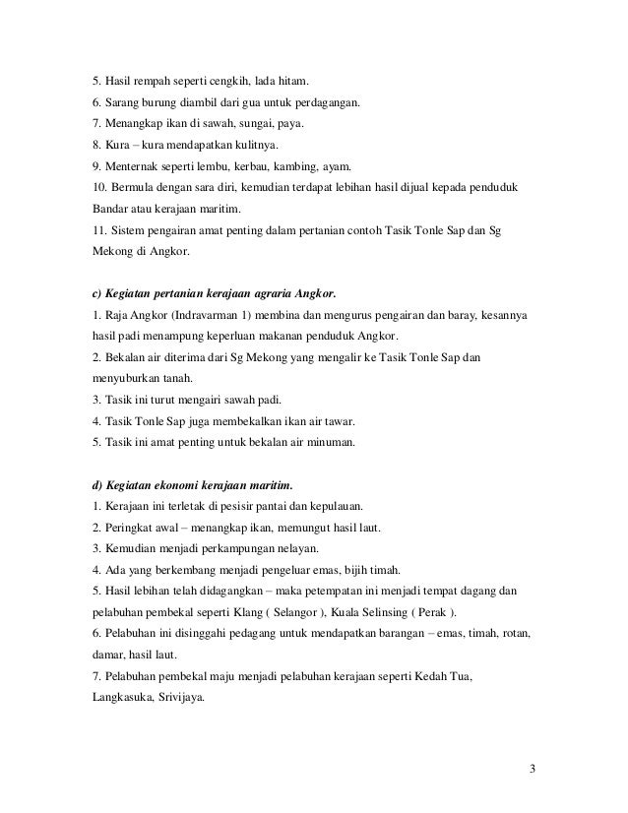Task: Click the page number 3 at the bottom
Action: (x=532, y=769)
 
